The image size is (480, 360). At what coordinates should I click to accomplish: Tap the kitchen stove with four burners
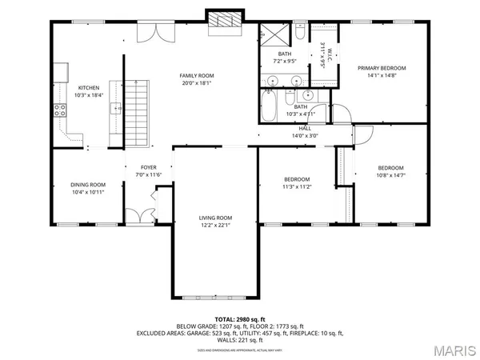[x=59, y=111]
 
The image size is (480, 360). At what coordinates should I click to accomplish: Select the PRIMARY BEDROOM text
[x=382, y=69]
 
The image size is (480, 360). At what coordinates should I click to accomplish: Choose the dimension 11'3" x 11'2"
[x=297, y=186]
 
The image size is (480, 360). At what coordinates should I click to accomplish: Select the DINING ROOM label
[x=88, y=185]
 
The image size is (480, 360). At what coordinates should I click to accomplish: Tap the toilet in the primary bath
[x=298, y=34]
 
